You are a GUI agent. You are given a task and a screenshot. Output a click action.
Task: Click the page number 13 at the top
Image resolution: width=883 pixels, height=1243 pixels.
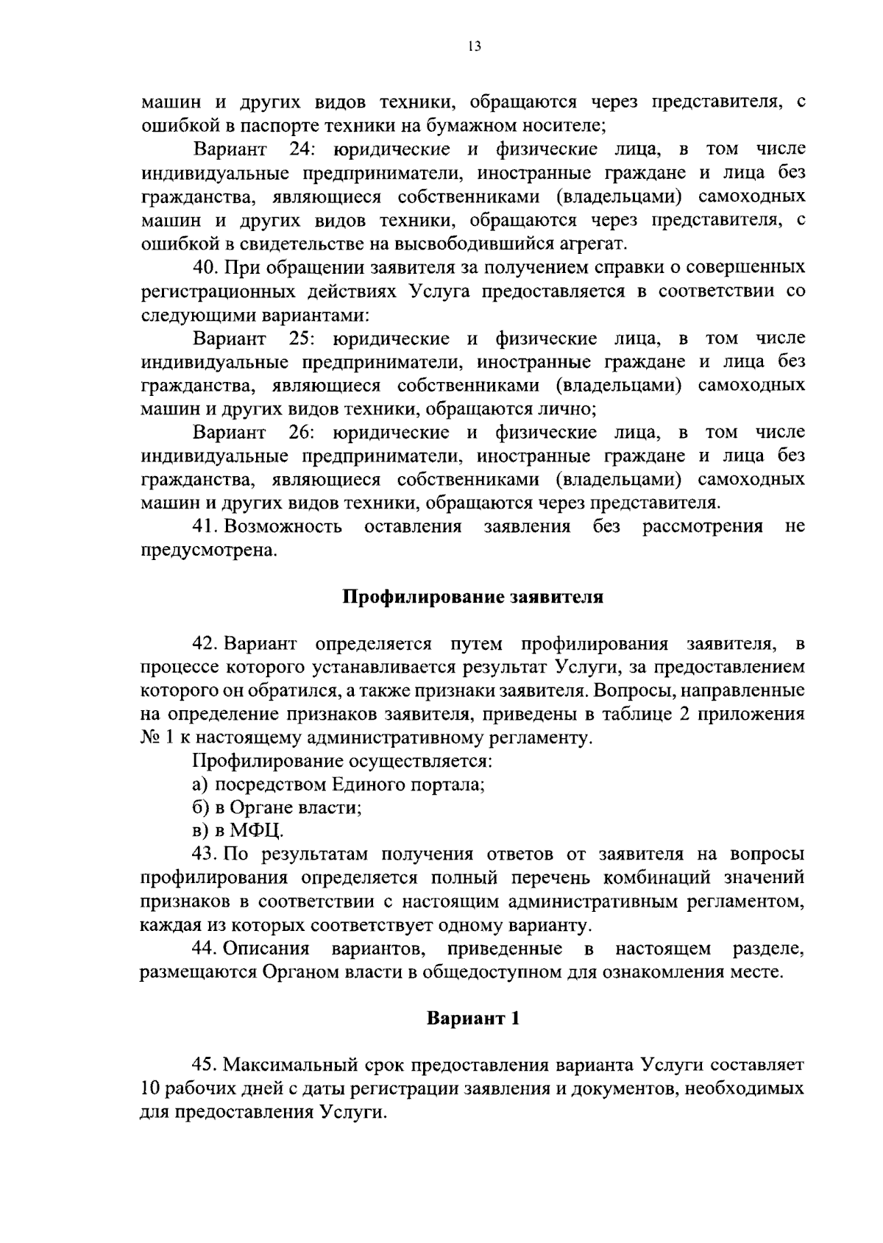(474, 47)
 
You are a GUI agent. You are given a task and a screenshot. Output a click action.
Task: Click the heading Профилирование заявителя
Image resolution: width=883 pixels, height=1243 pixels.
(473, 597)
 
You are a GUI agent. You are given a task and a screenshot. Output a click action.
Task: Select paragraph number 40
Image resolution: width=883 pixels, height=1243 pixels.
(204, 267)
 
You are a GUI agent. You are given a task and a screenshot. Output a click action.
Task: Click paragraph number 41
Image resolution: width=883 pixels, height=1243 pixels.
(204, 526)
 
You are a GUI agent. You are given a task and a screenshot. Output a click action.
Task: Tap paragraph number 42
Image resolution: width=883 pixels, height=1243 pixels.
(204, 644)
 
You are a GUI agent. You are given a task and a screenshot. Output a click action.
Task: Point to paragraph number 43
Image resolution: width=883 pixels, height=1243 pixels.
(204, 854)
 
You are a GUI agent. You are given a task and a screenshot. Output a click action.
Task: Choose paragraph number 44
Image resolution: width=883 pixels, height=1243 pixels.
(204, 949)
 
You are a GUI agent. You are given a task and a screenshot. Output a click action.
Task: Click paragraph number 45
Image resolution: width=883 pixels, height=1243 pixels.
(204, 1065)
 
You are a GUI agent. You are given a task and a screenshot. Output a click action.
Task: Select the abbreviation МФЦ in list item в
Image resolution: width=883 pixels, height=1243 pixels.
(255, 832)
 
